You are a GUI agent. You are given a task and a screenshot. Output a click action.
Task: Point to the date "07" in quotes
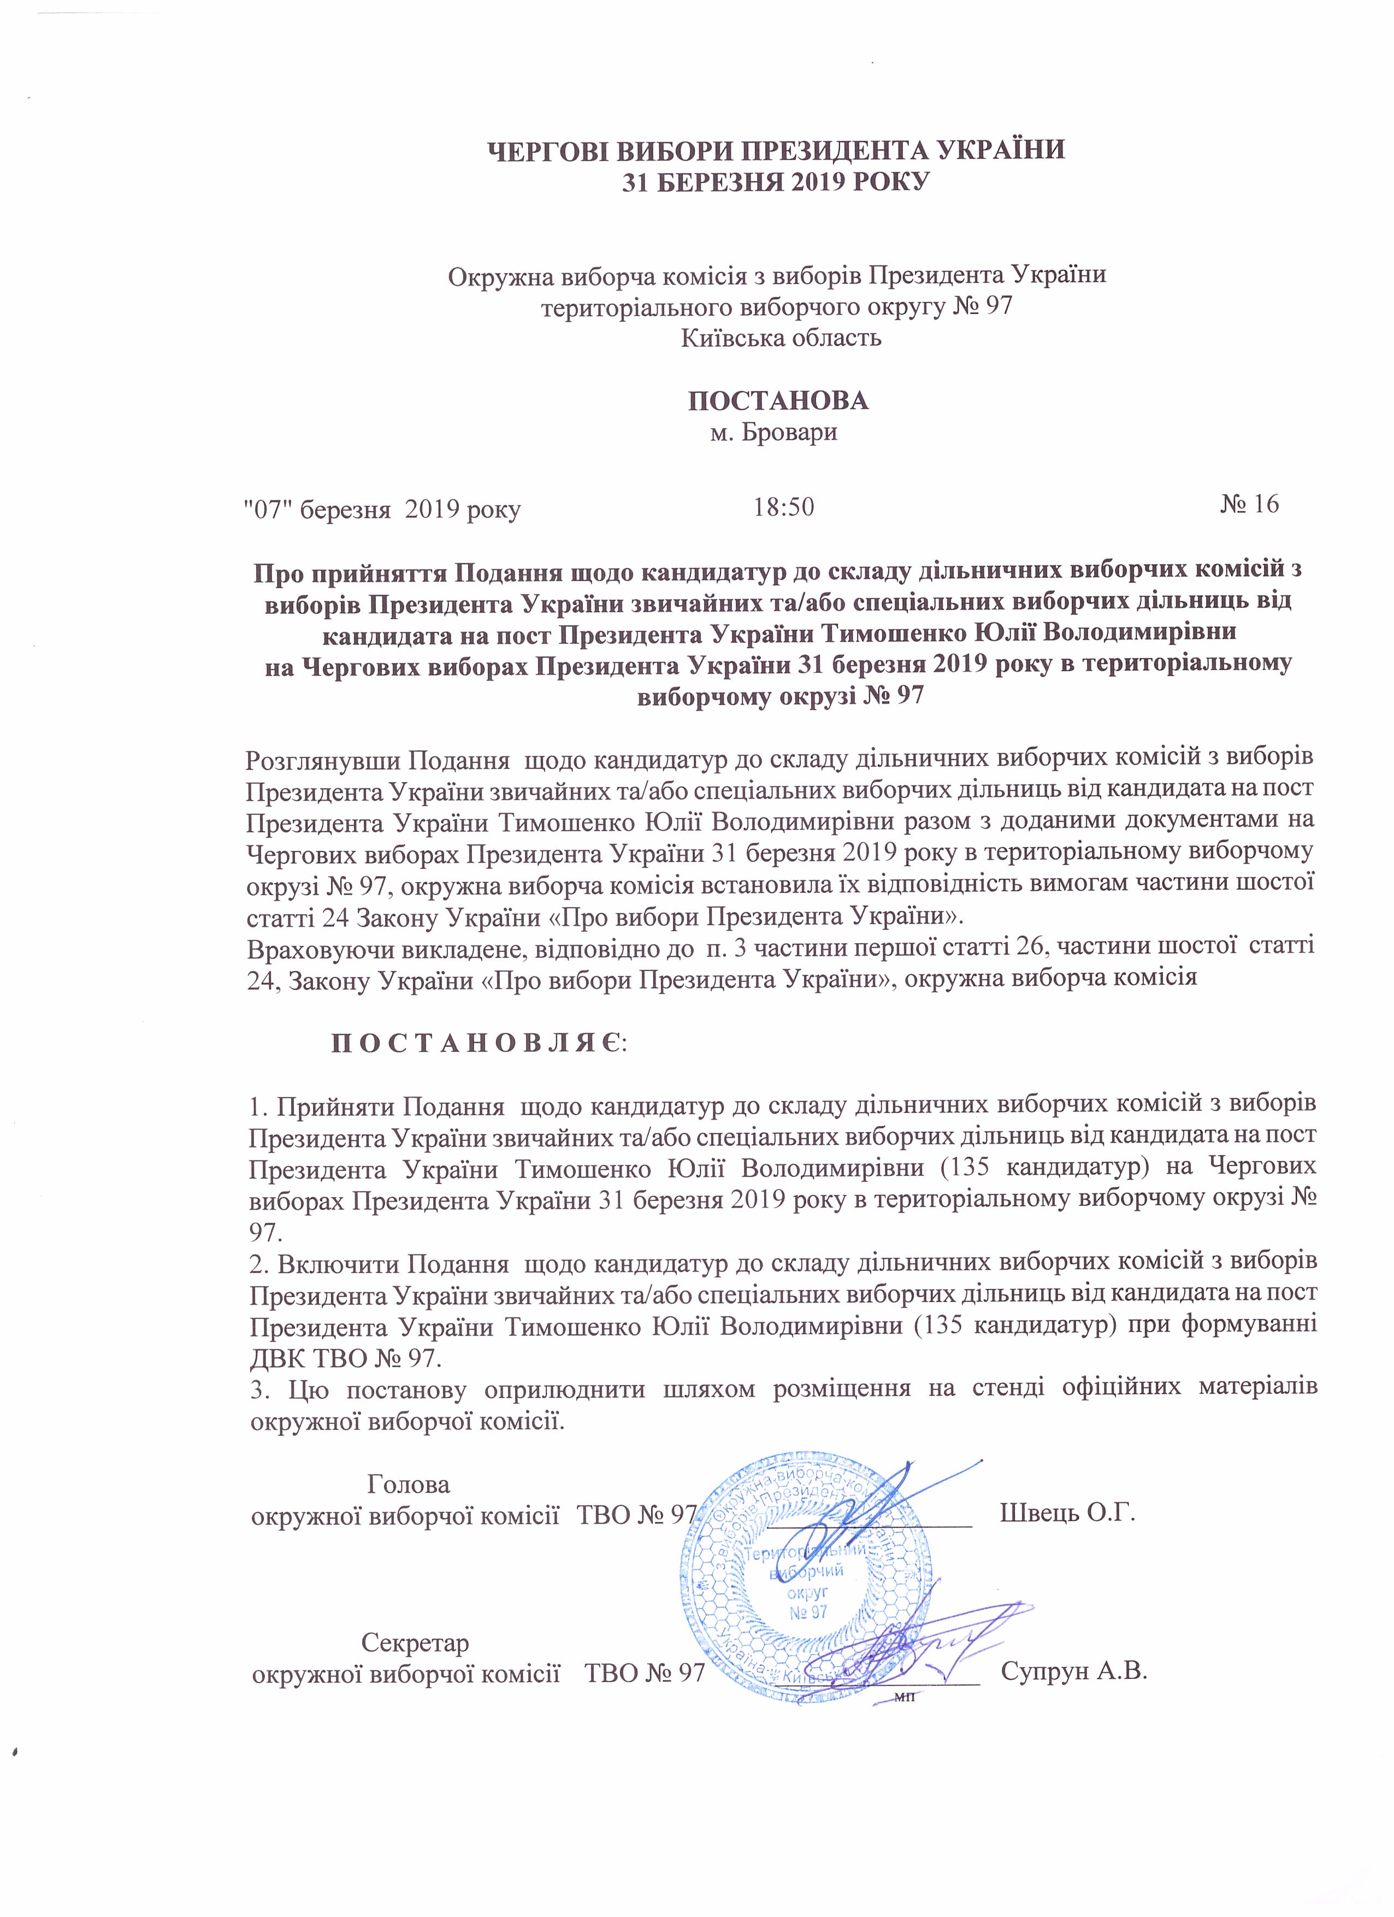pyautogui.click(x=264, y=509)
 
